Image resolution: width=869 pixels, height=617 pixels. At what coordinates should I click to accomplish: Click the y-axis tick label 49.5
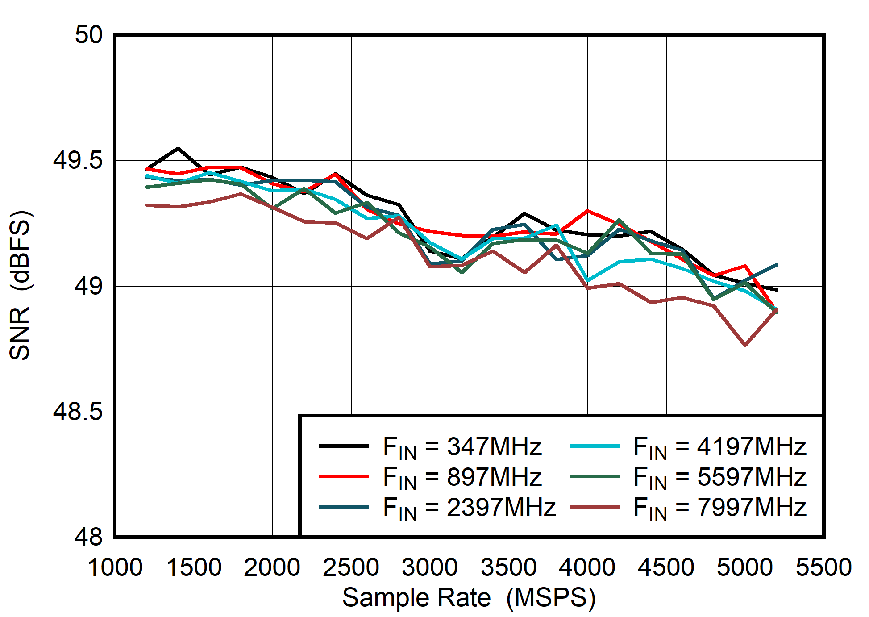[78, 160]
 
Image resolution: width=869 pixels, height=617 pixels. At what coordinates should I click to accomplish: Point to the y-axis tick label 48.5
[78, 412]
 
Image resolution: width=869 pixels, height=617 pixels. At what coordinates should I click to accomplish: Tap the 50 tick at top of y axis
[89, 35]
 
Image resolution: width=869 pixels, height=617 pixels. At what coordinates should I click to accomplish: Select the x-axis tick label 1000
[115, 568]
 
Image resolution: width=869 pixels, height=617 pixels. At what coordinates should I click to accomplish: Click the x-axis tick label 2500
[351, 568]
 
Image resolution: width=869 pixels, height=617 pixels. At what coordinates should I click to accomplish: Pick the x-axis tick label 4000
[587, 568]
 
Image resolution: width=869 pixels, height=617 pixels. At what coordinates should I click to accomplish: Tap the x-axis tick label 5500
[823, 568]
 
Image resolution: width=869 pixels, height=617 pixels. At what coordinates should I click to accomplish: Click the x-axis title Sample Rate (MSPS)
[469, 597]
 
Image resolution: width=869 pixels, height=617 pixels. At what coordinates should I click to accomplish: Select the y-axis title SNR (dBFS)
[20, 286]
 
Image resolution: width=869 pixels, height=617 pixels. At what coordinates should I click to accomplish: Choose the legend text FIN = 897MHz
[462, 477]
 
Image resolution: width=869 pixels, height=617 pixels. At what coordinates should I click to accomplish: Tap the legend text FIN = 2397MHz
[469, 507]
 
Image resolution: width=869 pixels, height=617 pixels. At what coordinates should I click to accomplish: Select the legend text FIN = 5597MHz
[719, 477]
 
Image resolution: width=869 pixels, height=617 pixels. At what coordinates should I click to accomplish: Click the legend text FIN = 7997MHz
[719, 507]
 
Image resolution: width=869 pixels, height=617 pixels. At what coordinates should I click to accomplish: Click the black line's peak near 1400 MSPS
[178, 148]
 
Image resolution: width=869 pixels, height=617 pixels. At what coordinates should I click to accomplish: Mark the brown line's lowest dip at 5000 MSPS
[745, 345]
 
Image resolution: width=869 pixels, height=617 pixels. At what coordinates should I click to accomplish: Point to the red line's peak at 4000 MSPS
[587, 211]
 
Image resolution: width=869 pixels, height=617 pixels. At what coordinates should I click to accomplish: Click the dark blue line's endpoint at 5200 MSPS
[777, 265]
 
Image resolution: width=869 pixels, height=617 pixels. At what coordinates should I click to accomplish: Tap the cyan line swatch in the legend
[595, 446]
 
